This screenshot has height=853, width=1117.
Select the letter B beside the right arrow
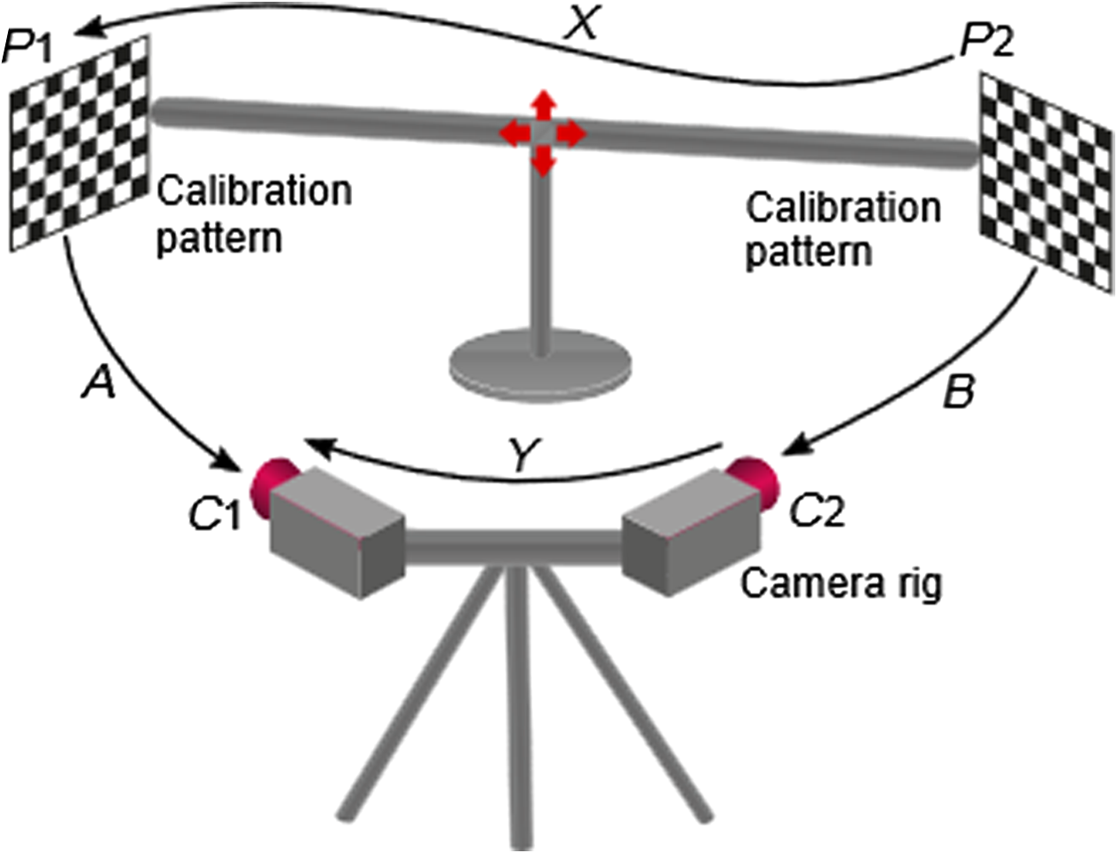(958, 392)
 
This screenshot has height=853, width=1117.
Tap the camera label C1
(214, 513)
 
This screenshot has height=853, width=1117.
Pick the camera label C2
(818, 511)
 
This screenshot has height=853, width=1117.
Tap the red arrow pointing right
(570, 135)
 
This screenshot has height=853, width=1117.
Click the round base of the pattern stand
(540, 366)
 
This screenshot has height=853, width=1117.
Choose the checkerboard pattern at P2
(1046, 182)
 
